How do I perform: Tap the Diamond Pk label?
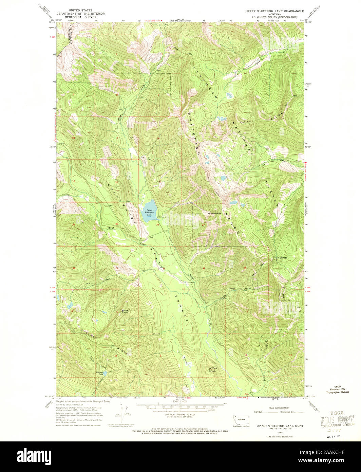click(214, 214)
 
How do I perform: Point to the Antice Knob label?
click(213, 369)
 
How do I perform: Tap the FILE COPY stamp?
click(338, 422)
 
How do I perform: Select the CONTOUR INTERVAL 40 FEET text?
click(180, 415)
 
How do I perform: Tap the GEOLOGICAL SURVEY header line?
click(80, 17)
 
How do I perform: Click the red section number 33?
click(164, 268)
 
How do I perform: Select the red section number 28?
click(157, 225)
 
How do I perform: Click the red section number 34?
click(204, 268)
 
